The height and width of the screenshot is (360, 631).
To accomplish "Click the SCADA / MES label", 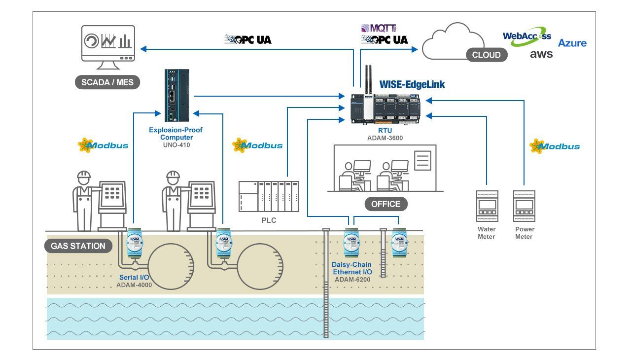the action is click(107, 82).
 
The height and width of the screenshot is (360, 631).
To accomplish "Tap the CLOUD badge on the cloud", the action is click(487, 55).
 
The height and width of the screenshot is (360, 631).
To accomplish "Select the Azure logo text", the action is click(572, 43).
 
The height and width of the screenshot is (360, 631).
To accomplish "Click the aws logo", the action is click(541, 54).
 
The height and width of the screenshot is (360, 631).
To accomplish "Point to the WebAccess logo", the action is click(527, 36).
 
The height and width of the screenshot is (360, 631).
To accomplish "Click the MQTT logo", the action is click(379, 28).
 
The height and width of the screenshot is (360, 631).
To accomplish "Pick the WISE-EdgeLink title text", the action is click(412, 84).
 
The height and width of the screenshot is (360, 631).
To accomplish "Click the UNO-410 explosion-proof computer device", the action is click(177, 95).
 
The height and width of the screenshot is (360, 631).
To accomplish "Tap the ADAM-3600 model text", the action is click(385, 138).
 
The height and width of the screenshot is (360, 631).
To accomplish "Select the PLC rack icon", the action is click(269, 196).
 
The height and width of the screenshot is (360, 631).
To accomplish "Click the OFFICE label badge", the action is click(386, 204).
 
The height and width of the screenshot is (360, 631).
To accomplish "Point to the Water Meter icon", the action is click(487, 206).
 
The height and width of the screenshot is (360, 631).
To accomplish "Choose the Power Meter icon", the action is click(524, 206).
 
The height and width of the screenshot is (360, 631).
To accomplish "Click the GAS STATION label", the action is click(78, 246).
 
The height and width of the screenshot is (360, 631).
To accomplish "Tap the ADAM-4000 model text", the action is click(134, 285).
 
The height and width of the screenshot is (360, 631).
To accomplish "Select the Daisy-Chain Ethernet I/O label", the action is click(352, 268).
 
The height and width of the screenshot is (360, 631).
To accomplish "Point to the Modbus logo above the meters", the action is click(555, 146).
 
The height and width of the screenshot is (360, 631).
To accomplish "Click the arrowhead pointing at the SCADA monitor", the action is click(143, 49).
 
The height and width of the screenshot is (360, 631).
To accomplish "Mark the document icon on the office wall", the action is click(423, 161).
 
